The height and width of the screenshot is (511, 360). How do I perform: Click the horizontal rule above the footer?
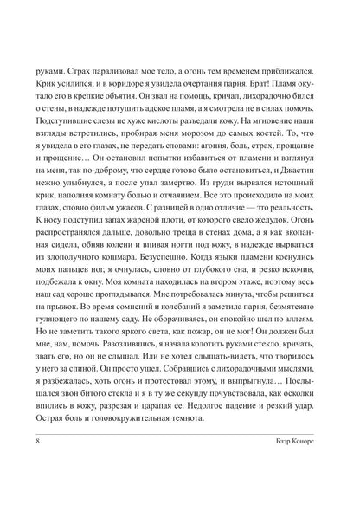click(180, 453)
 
